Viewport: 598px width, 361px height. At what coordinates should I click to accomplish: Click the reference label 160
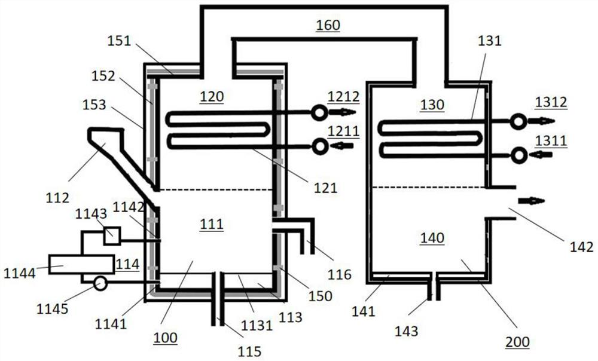(x=328, y=25)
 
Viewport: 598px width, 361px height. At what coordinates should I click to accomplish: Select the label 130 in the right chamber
(x=432, y=105)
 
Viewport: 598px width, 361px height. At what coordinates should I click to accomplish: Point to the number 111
(x=212, y=224)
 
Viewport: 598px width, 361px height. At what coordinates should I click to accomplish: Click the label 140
(x=432, y=238)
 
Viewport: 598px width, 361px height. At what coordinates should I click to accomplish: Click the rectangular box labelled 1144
(x=81, y=264)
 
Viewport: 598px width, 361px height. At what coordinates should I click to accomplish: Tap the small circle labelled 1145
(x=100, y=283)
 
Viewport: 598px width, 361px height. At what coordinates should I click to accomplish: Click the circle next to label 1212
(x=320, y=112)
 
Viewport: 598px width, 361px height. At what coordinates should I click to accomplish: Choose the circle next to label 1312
(x=518, y=121)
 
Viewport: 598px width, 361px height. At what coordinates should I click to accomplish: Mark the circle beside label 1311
(x=518, y=155)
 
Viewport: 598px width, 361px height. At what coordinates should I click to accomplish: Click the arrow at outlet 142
(x=532, y=201)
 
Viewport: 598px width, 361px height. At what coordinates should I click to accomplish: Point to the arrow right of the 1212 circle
(x=346, y=112)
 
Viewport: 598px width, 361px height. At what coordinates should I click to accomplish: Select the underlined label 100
(x=165, y=338)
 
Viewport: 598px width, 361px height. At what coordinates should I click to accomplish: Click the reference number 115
(x=249, y=351)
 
